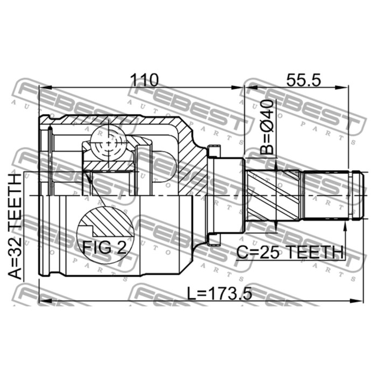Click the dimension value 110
143,80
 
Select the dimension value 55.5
303,80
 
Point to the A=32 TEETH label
17,226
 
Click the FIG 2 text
104,247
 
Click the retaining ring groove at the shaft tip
353,195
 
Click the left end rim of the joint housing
44,195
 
